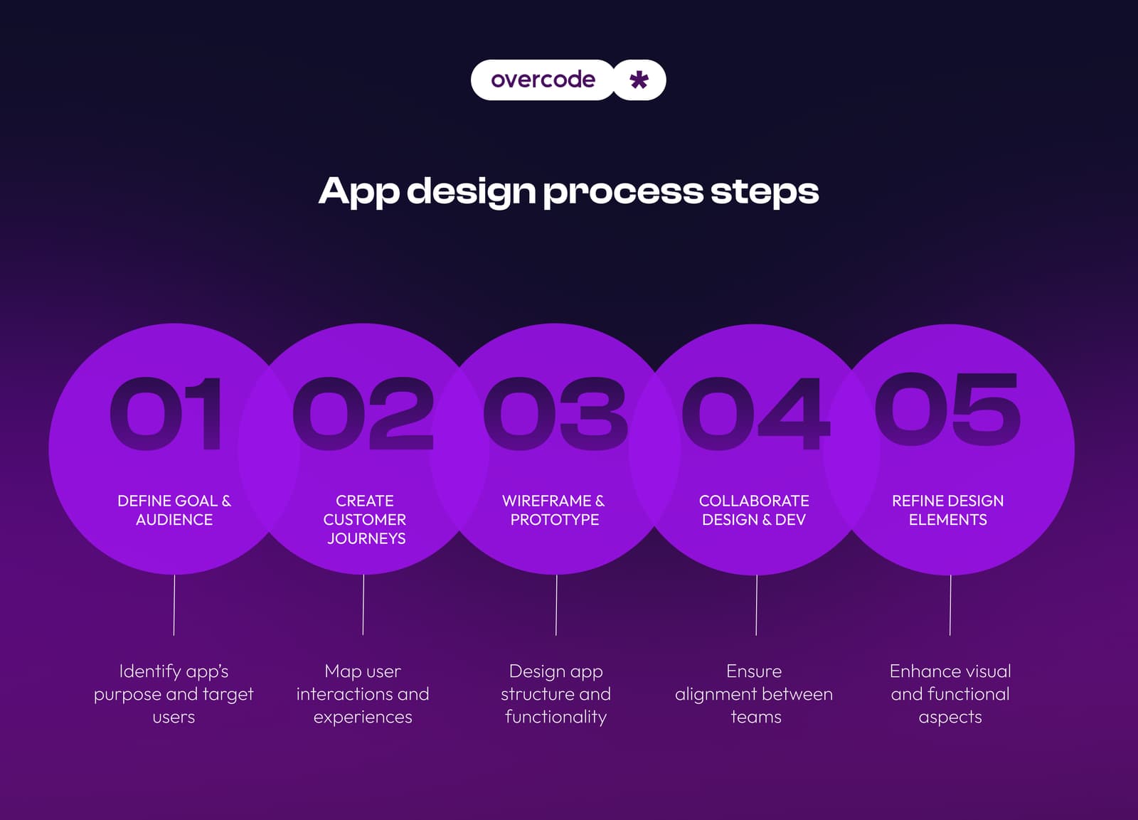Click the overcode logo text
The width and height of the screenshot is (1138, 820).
click(x=543, y=79)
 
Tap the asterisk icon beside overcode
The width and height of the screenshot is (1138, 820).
click(x=639, y=80)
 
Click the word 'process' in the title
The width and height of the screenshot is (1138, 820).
click(x=622, y=191)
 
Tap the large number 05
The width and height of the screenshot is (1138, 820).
click(x=948, y=410)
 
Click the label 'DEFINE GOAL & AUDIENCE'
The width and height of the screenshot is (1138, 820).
click(x=174, y=510)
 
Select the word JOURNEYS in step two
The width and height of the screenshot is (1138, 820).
click(x=366, y=538)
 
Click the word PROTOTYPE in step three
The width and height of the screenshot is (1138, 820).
click(x=555, y=520)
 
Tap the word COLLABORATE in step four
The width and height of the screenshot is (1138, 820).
click(x=754, y=501)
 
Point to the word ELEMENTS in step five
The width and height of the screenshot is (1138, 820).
click(x=948, y=520)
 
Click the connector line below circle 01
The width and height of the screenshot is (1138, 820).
click(x=174, y=605)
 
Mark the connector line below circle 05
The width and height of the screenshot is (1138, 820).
click(x=950, y=605)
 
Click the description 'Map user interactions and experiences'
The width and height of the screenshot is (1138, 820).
click(x=363, y=693)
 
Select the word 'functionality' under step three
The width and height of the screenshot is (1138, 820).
click(x=555, y=717)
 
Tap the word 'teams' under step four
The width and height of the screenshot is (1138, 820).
click(x=756, y=717)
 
